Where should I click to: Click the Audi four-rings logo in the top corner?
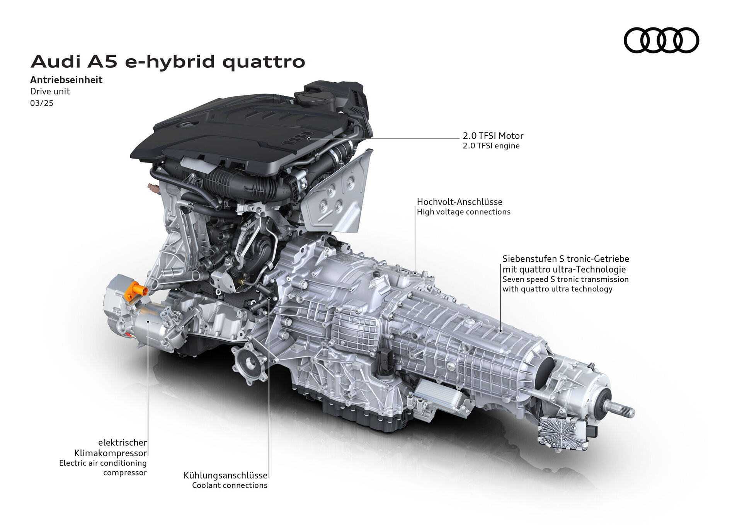tap(661, 40)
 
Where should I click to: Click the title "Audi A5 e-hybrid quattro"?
tap(168, 62)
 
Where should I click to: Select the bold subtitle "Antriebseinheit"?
tap(66, 80)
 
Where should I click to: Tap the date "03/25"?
tap(42, 103)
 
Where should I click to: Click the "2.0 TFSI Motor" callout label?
tap(493, 136)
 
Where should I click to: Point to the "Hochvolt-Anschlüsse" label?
tap(459, 202)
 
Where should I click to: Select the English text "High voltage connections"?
tap(463, 212)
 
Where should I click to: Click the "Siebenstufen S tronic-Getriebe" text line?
tap(565, 259)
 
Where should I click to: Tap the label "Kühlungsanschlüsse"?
tap(225, 475)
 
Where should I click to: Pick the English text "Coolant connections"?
tap(230, 485)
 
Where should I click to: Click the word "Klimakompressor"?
tap(111, 453)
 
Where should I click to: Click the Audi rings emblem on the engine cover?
tap(297, 140)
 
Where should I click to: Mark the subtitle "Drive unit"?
tap(50, 92)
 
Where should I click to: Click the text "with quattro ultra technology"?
tap(557, 289)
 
